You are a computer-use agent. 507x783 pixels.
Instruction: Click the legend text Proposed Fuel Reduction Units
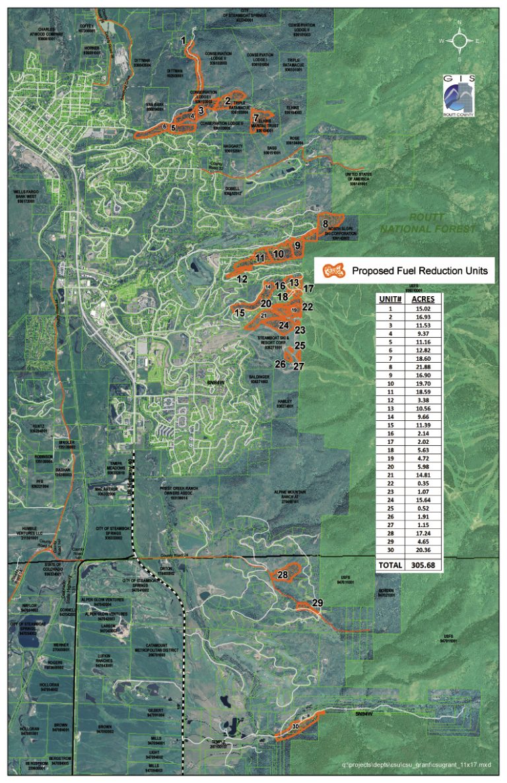[x=419, y=270]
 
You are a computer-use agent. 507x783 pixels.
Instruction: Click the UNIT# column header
[x=390, y=298]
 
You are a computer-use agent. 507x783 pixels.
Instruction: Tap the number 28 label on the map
[x=283, y=575]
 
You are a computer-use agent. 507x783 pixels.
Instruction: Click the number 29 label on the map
[x=318, y=603]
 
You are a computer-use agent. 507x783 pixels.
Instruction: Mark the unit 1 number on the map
[x=183, y=41]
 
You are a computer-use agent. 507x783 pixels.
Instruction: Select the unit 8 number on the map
[x=325, y=224]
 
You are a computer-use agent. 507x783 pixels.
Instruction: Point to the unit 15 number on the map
[x=239, y=313]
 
